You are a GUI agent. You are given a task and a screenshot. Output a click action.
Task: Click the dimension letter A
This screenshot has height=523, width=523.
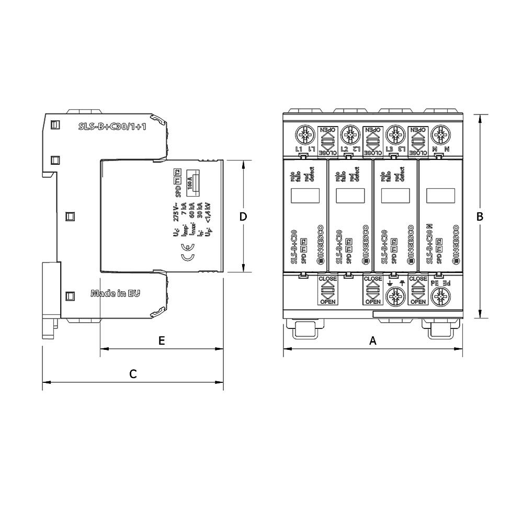373,341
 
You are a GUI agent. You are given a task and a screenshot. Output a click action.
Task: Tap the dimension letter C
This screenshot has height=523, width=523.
133,374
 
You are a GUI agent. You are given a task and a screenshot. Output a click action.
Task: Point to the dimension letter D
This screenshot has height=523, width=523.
243,217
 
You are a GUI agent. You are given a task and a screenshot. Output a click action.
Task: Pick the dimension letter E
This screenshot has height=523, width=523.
162,341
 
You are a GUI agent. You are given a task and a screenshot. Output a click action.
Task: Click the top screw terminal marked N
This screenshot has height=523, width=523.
440,136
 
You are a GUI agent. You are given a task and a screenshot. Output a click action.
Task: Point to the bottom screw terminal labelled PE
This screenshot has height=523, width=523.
440,298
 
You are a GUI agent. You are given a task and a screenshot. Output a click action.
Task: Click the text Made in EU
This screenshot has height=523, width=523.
115,293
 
